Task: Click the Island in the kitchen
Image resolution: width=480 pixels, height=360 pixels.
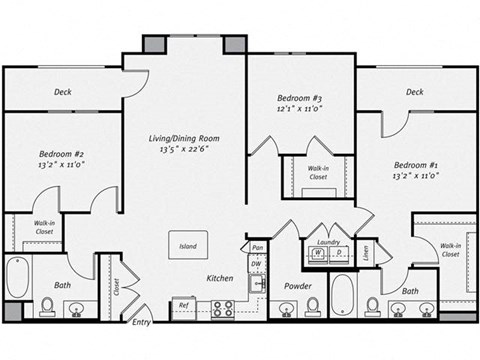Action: coord(188,245)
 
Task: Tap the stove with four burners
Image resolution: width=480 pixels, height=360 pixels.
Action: coord(222,308)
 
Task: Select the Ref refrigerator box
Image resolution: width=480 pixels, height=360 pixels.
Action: coord(183,306)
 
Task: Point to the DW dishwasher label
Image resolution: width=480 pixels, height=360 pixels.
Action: coord(257,264)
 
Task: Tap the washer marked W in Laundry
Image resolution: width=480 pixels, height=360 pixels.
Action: coord(318,254)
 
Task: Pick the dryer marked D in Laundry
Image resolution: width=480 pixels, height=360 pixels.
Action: coord(337,254)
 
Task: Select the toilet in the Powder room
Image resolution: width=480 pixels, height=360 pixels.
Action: coord(312,304)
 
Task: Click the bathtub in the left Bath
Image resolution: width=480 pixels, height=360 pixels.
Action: coord(19,277)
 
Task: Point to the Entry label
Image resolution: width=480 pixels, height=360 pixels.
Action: coord(142,322)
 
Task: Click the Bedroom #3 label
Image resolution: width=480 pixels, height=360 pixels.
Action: coord(299,98)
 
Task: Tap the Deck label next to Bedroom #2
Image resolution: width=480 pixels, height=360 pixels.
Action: coord(62,93)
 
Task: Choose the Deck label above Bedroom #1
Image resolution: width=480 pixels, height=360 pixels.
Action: coord(415,92)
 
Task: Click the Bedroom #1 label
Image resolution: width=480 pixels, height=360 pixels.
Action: coord(416,163)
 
